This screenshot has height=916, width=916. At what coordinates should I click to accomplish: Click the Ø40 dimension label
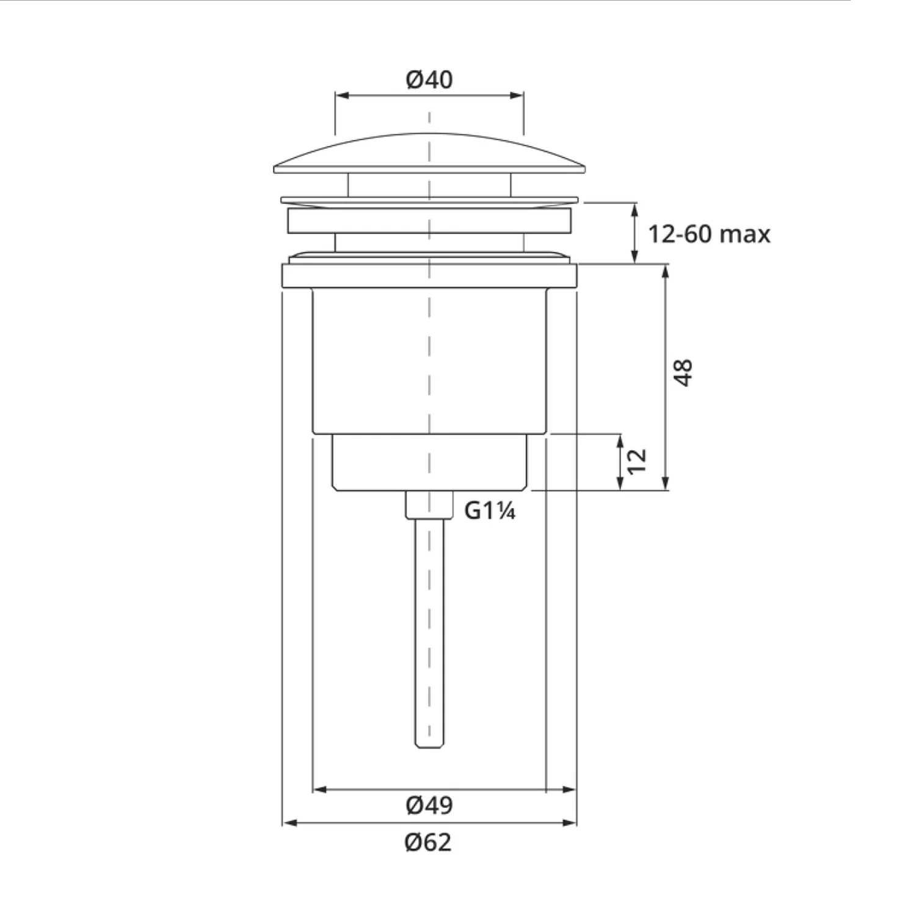coord(429,79)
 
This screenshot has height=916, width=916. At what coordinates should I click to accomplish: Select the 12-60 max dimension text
coord(709,234)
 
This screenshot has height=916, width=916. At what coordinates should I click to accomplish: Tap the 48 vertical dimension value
coord(683,373)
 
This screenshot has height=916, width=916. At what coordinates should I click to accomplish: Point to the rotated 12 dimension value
coord(636,461)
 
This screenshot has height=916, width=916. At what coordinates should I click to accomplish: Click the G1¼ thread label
coord(490,511)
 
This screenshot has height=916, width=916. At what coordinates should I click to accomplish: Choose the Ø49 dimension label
coord(429,805)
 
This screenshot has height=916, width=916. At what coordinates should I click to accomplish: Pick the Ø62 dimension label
coord(428,843)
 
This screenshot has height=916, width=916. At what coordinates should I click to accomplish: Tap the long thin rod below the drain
coord(429,633)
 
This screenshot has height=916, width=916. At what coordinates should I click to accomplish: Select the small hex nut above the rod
coord(429,505)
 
